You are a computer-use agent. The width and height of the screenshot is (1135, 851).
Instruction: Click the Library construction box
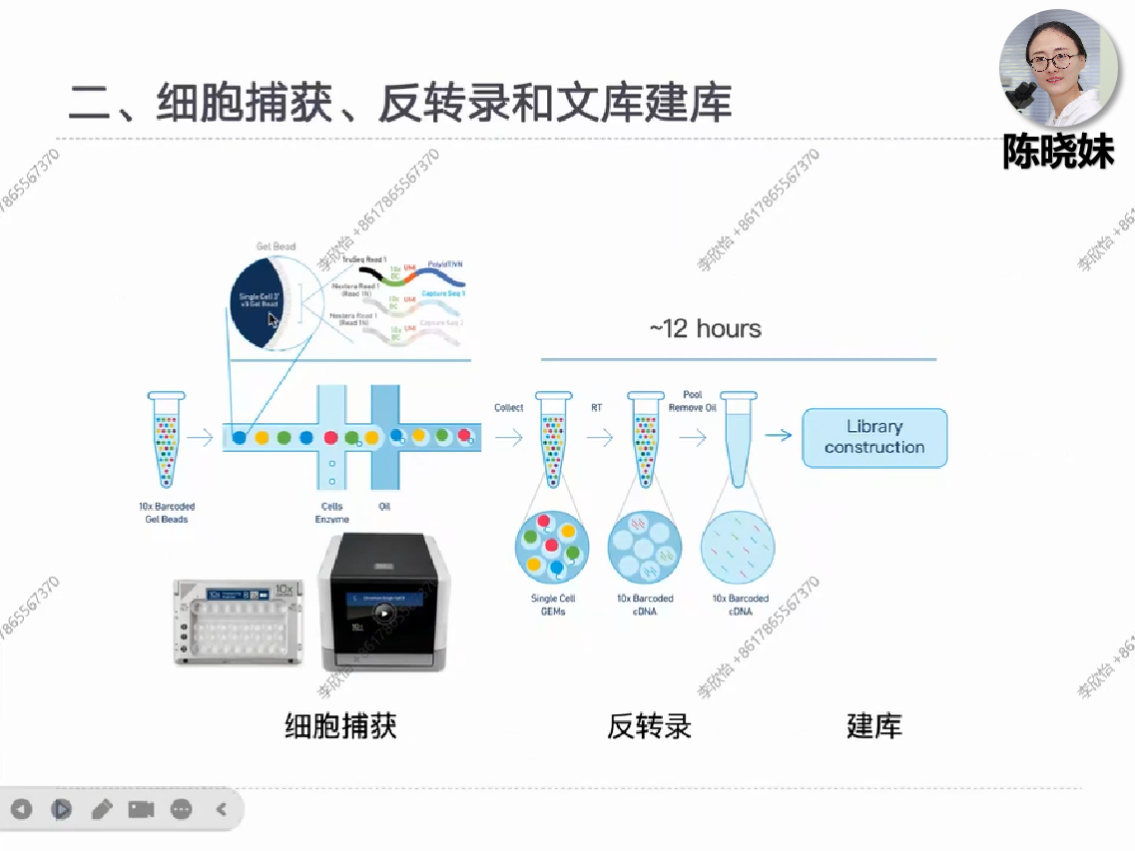(874, 437)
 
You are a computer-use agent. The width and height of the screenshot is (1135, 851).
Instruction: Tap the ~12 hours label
(705, 329)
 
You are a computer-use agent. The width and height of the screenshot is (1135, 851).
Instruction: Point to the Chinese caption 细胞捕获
(340, 725)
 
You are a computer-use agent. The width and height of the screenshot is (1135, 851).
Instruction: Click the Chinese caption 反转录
(649, 725)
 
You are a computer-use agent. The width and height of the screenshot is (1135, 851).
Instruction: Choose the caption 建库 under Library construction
(873, 725)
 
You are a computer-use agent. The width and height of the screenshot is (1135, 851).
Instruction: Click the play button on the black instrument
(384, 612)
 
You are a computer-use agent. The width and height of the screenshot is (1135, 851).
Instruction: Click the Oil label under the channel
(384, 507)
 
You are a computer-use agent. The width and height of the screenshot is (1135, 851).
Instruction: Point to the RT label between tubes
(597, 408)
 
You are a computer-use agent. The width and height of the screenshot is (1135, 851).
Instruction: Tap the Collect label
(509, 408)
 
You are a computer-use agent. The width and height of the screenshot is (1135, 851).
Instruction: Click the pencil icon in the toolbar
(102, 809)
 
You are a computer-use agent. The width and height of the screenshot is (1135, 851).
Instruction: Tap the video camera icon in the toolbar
(141, 809)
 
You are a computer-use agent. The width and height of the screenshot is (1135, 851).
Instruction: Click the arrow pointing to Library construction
(779, 436)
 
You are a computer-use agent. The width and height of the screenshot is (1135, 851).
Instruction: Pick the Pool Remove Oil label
(693, 401)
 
